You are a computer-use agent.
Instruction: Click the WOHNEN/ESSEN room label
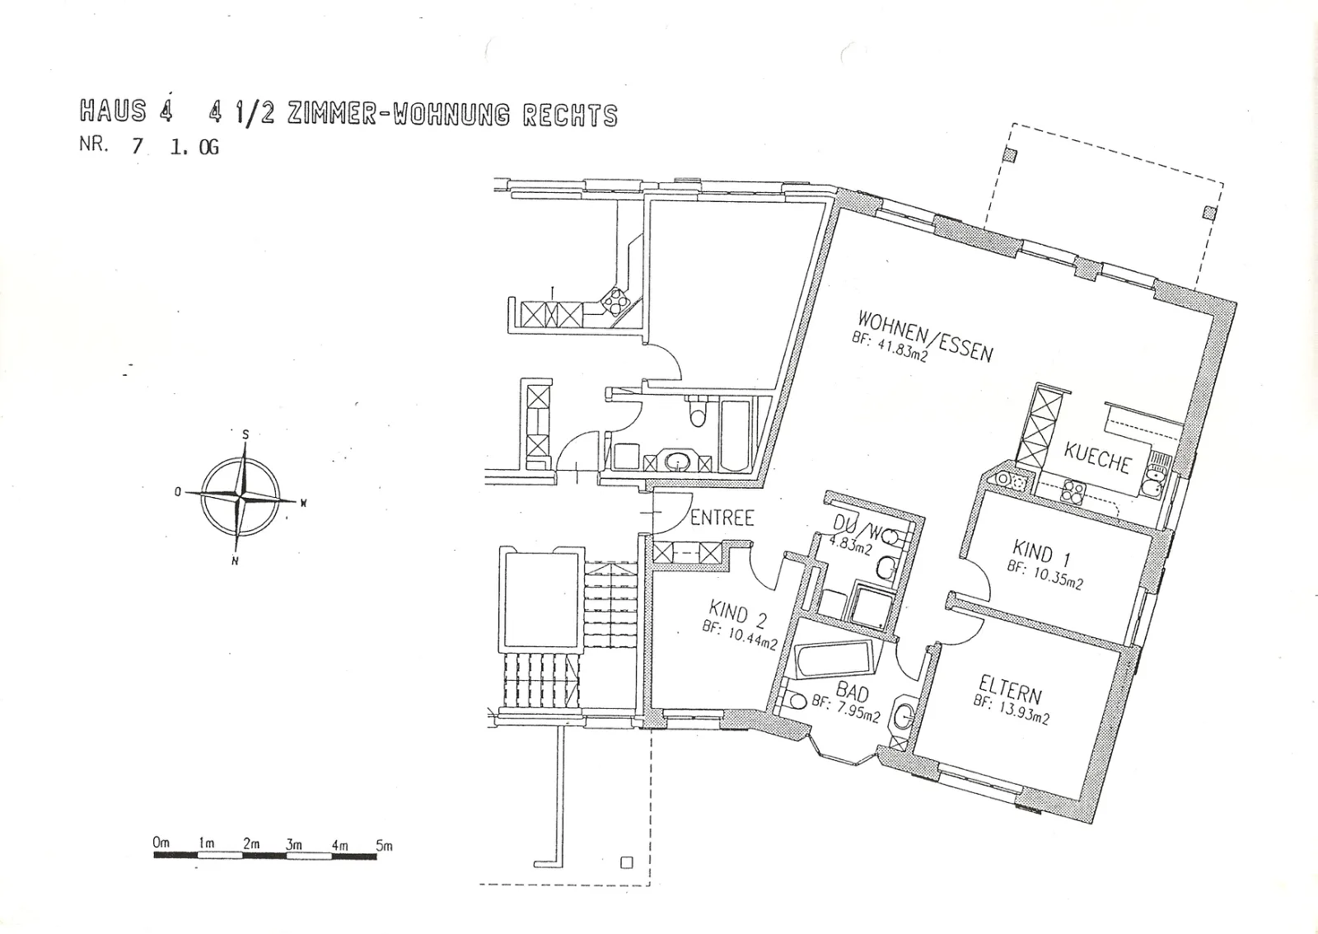926,336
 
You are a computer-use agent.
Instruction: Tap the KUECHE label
1096,458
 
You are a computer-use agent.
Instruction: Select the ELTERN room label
1010,690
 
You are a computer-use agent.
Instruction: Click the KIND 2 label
738,613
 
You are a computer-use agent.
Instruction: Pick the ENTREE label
722,519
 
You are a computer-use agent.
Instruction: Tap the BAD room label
852,692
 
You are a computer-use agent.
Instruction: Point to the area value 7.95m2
858,711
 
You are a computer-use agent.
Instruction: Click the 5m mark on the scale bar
384,846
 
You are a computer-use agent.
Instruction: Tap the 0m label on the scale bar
161,842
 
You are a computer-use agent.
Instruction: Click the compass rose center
240,497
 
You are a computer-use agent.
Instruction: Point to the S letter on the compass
245,435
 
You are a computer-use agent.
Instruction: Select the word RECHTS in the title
570,115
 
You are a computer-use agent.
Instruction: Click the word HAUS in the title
113,110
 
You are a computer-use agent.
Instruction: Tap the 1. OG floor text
194,146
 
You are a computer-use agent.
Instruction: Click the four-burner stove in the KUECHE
1073,493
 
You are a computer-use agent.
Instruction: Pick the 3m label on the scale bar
294,844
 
